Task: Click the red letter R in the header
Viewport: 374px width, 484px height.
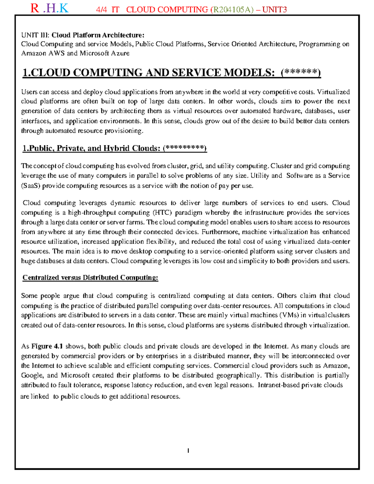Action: (35, 8)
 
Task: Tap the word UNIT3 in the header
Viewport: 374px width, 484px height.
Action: (275, 10)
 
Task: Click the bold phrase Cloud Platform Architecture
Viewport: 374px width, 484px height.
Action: (98, 35)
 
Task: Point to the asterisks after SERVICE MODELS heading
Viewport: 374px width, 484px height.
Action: (300, 73)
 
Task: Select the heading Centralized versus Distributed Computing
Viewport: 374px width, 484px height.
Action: (90, 278)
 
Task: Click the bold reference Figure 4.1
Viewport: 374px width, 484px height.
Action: (47, 346)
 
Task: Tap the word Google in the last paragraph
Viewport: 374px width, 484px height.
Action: (32, 375)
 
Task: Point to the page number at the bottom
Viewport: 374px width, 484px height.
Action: (188, 451)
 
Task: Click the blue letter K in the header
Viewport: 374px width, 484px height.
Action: (64, 8)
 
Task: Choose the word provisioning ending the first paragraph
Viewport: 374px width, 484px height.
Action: (123, 131)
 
